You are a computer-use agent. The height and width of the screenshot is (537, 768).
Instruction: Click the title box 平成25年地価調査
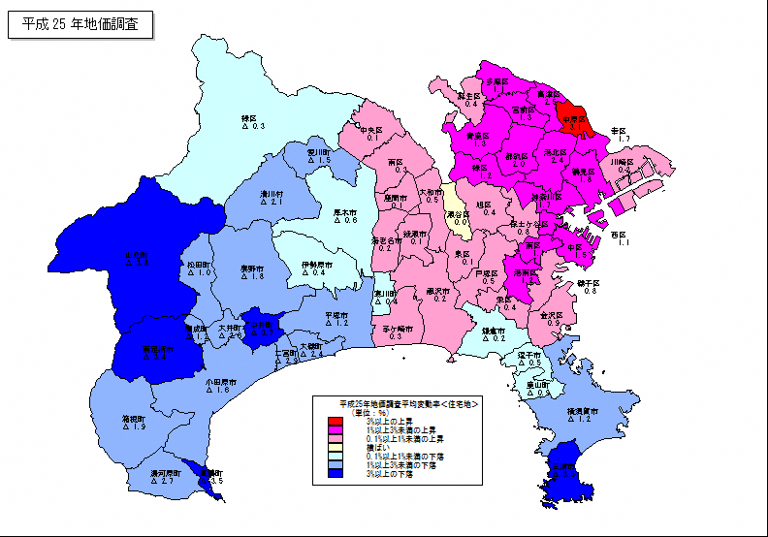pos(80,25)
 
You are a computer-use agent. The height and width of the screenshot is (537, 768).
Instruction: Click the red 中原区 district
pos(576,122)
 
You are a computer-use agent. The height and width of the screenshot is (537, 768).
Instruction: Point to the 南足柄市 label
pos(158,349)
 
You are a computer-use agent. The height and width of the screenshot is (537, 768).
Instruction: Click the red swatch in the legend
pos(335,421)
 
